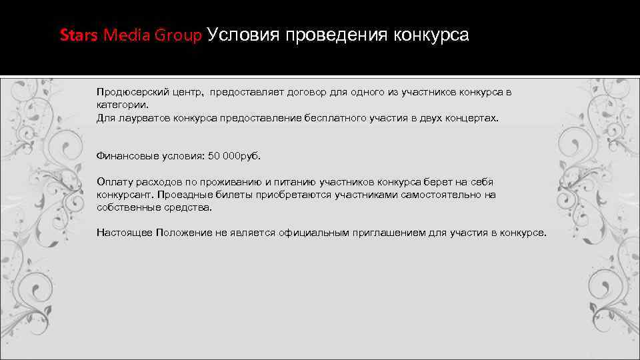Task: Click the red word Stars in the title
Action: [79, 35]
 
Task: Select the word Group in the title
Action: [177, 35]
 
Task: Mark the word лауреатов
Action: [143, 117]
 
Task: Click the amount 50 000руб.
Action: [235, 156]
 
